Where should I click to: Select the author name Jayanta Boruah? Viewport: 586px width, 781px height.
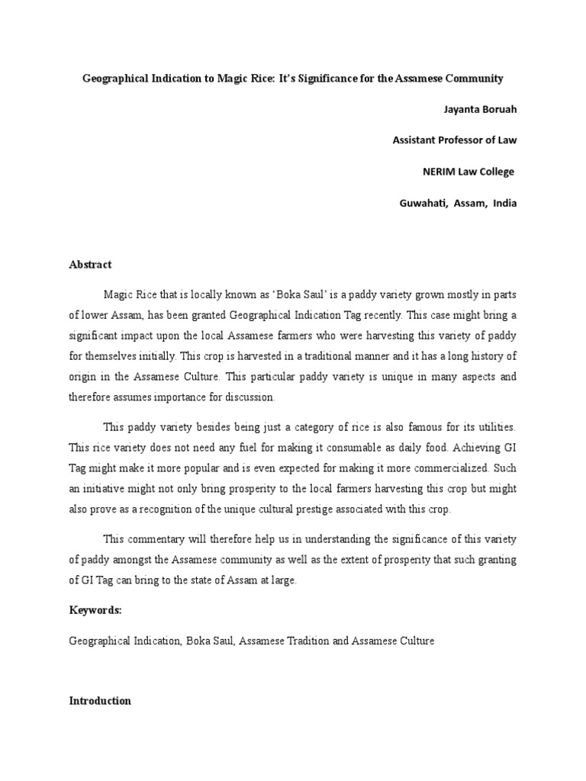(x=480, y=109)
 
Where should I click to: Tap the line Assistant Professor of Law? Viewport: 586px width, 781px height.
(x=454, y=140)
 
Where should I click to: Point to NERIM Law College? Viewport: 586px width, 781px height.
(x=468, y=172)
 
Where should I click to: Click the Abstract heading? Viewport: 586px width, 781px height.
(x=90, y=265)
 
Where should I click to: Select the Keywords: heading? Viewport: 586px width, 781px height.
(x=95, y=611)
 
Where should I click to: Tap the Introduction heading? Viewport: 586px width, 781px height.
(x=100, y=701)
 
